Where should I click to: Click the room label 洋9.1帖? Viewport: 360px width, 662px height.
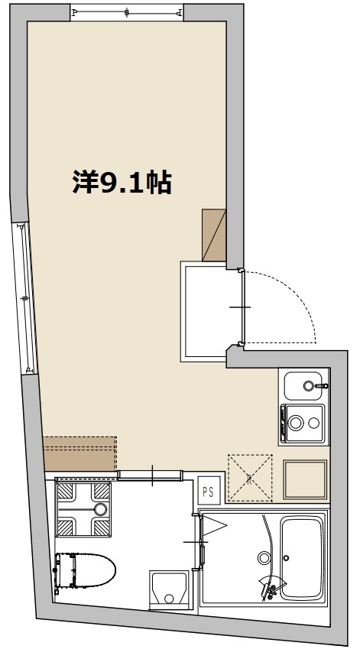click(122, 182)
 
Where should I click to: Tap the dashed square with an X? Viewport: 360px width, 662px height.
click(250, 477)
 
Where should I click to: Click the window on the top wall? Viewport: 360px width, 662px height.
click(127, 13)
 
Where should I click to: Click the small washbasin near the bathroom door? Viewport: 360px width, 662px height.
click(167, 589)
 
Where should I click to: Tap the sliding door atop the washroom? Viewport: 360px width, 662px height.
click(150, 475)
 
